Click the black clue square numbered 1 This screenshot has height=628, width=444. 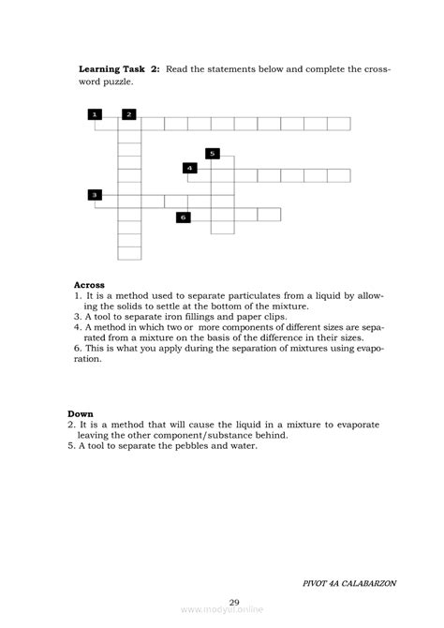click(x=95, y=114)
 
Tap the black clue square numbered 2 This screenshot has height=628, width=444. click(x=128, y=114)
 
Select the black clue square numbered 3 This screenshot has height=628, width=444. click(x=95, y=194)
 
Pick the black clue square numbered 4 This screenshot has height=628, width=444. click(x=190, y=168)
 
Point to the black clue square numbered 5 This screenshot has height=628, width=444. click(x=213, y=153)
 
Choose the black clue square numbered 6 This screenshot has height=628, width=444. click(x=184, y=217)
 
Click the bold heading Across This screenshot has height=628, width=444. click(x=89, y=284)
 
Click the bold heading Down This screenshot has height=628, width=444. click(x=81, y=413)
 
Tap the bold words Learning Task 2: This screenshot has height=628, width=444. click(x=119, y=68)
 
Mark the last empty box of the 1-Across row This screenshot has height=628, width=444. click(x=339, y=123)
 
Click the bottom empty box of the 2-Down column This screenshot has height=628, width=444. click(x=129, y=251)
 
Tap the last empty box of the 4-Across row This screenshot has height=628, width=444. click(x=339, y=175)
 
